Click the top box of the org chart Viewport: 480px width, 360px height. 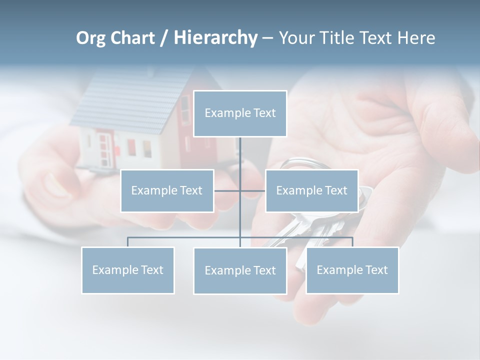(240, 113)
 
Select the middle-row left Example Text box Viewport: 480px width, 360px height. (167, 190)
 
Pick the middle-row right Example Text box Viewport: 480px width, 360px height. (311, 190)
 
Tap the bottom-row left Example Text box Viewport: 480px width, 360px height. (128, 270)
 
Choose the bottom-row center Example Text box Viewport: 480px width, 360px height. (240, 270)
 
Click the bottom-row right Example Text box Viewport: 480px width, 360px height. (352, 270)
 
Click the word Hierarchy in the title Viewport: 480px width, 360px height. (215, 38)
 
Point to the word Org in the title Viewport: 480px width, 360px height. (90, 38)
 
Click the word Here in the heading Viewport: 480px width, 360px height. (416, 38)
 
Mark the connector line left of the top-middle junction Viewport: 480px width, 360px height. (227, 190)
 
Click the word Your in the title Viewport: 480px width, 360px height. (297, 38)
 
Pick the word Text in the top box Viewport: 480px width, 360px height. (264, 113)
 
